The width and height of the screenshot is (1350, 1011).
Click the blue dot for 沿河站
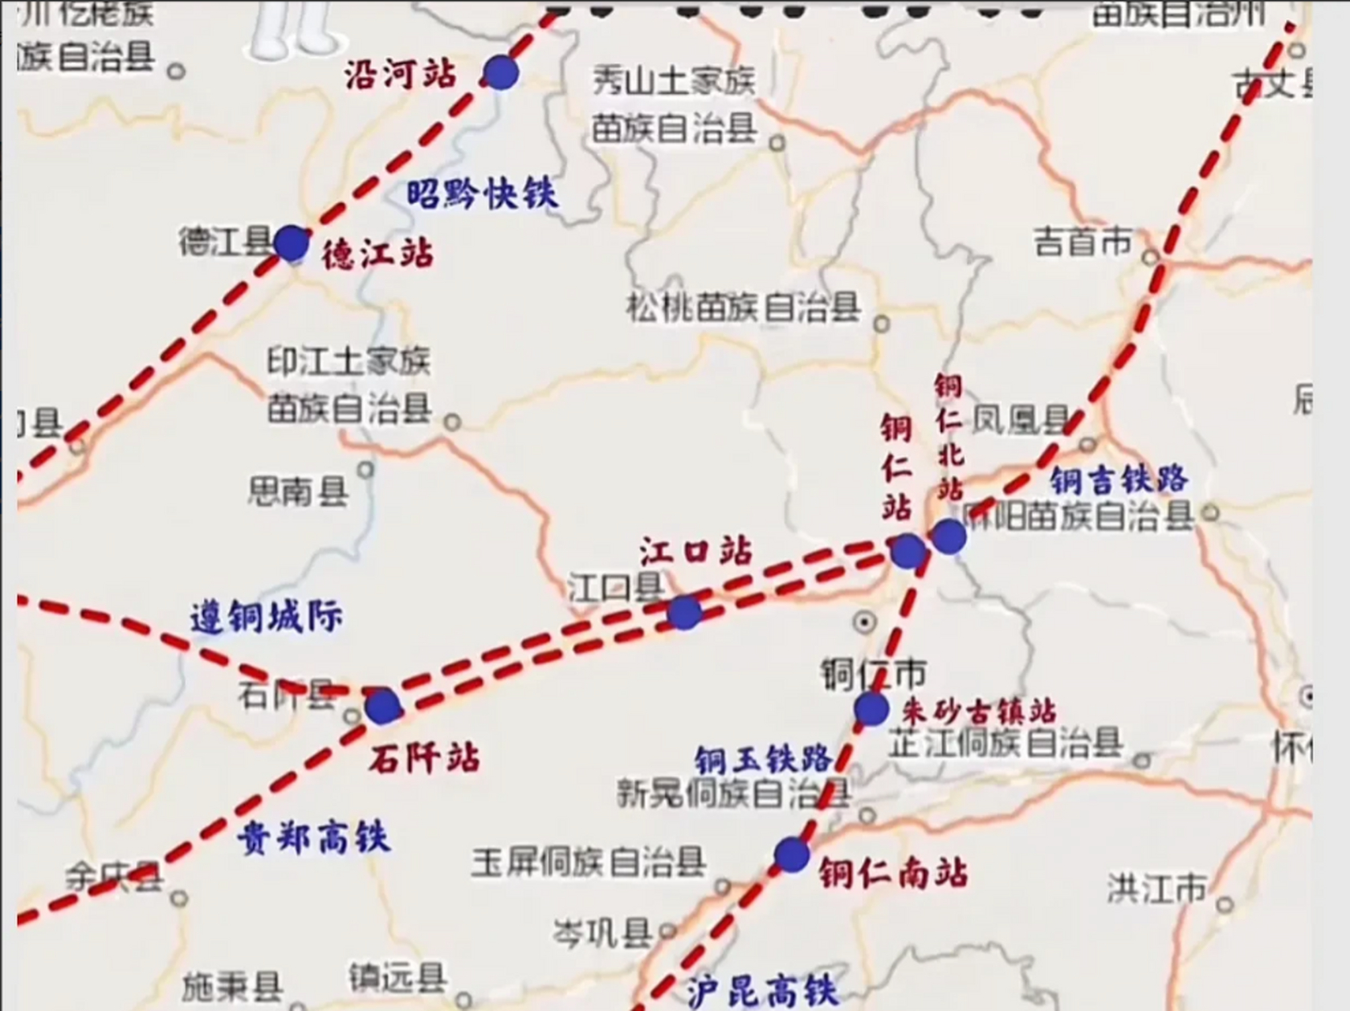click(x=501, y=73)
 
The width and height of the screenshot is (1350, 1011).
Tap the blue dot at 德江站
click(x=291, y=242)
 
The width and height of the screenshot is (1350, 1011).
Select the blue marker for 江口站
click(x=684, y=612)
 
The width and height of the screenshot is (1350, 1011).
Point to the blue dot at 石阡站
click(x=383, y=705)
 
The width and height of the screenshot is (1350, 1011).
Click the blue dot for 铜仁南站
click(x=792, y=855)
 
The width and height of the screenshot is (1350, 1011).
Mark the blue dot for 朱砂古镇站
click(x=871, y=708)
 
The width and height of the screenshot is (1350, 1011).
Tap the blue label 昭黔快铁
click(x=483, y=194)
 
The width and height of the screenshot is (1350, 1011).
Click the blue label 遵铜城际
click(x=267, y=617)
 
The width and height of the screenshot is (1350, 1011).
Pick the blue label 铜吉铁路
click(x=1119, y=479)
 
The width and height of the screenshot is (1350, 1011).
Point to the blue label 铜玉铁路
click(x=763, y=760)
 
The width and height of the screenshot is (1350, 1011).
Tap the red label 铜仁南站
click(x=893, y=874)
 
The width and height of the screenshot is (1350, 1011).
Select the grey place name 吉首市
click(x=1083, y=242)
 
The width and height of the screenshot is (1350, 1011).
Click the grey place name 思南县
click(x=298, y=491)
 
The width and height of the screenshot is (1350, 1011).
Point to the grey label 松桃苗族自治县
click(x=743, y=307)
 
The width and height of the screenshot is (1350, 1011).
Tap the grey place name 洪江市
click(x=1156, y=888)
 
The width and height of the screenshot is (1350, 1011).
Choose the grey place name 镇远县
click(x=397, y=979)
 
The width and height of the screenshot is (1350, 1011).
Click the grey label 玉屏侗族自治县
click(x=589, y=862)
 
